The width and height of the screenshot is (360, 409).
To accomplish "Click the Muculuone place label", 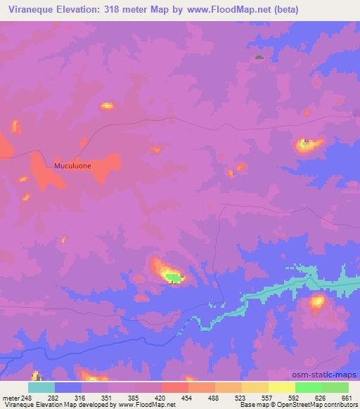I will click(x=72, y=167).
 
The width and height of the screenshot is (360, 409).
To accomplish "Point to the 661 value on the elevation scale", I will click(x=346, y=398).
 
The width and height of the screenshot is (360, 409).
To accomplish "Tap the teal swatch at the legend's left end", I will click(x=41, y=387).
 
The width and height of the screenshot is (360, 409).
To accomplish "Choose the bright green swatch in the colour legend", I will click(x=308, y=387).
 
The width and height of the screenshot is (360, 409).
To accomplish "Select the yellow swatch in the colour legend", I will click(x=281, y=387).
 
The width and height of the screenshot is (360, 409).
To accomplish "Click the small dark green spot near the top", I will click(x=259, y=58).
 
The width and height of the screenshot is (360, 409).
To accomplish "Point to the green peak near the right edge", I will click(x=304, y=145).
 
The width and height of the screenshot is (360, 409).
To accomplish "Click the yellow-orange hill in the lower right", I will click(x=318, y=302).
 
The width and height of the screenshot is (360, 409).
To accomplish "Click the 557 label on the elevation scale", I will click(x=268, y=398).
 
